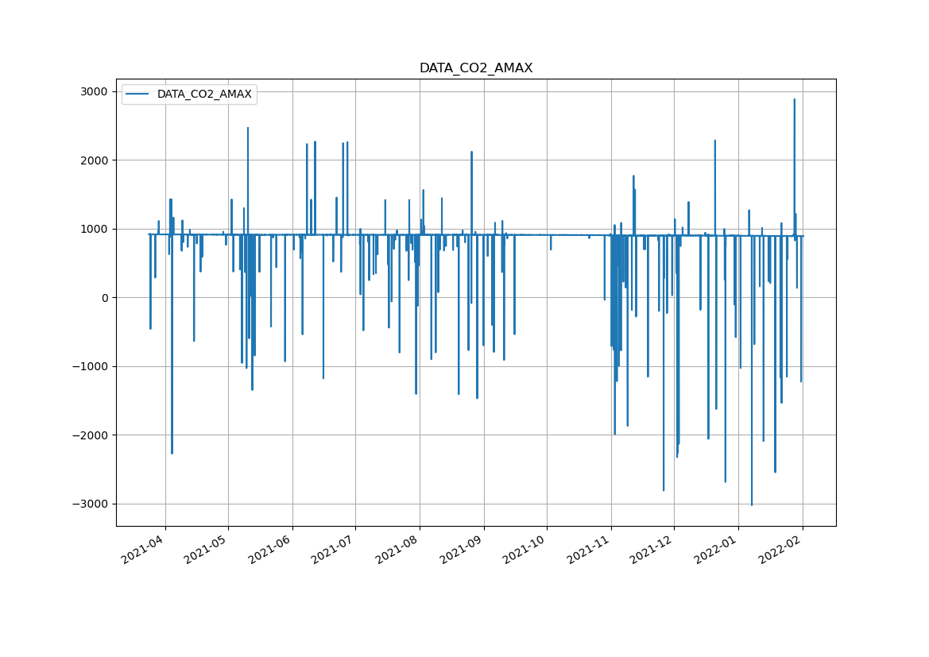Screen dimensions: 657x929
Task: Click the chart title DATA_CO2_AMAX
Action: point(476,68)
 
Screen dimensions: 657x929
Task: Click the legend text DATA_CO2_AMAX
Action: point(204,95)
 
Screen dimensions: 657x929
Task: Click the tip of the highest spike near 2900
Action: point(794,99)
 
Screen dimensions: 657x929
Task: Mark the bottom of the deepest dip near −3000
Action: point(752,505)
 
